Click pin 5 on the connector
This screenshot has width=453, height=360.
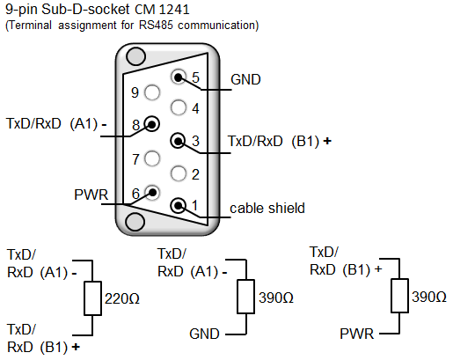[178, 77]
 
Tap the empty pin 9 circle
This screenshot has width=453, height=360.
[152, 92]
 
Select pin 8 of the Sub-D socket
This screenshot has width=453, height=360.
[152, 124]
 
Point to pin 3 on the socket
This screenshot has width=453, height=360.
[178, 141]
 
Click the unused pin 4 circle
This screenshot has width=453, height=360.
[178, 107]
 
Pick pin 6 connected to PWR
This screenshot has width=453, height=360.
[152, 193]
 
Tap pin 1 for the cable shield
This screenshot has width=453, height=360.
[178, 205]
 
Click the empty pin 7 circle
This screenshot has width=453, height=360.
[152, 158]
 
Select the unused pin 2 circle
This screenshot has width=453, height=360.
[178, 173]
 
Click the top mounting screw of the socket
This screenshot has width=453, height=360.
[135, 56]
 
